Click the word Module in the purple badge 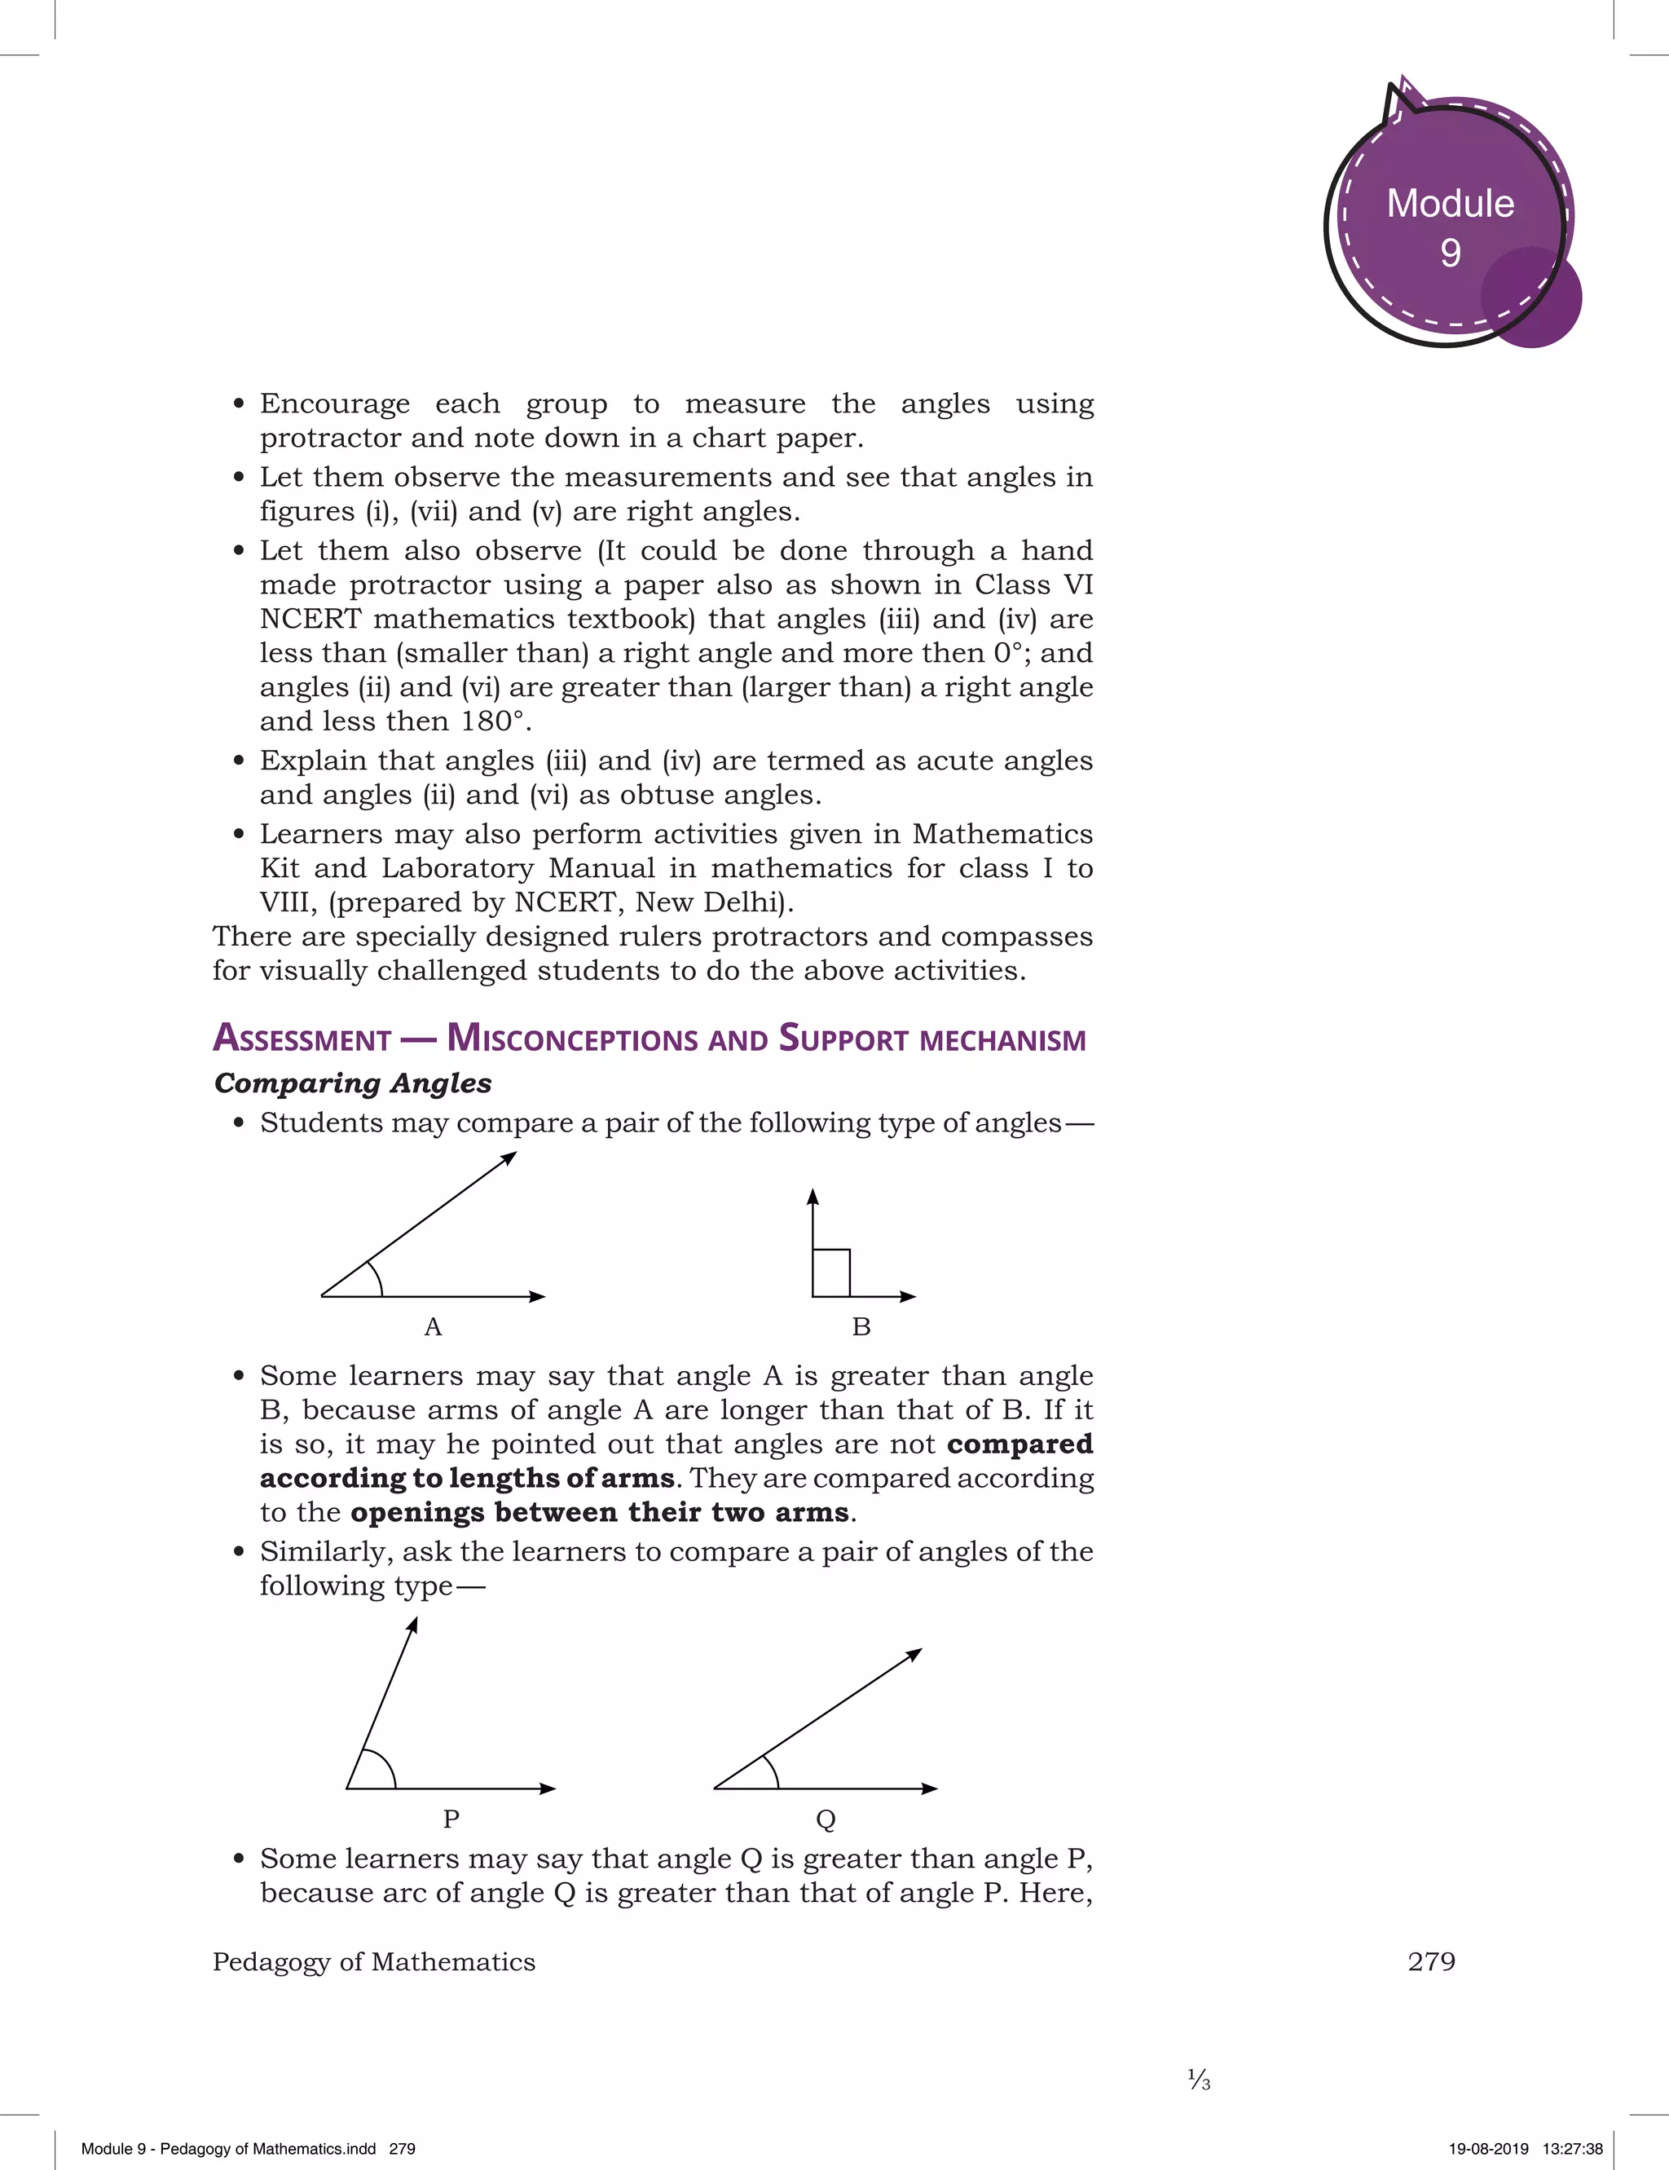[x=1450, y=204]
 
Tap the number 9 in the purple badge [x=1451, y=254]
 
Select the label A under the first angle [x=434, y=1327]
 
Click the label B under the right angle [x=861, y=1327]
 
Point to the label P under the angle [x=451, y=1819]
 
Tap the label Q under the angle [x=826, y=1819]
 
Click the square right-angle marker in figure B [x=831, y=1272]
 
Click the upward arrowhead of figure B [x=812, y=1197]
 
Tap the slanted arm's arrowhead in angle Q [x=914, y=1654]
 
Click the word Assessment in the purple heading [x=302, y=1039]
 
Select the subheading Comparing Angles [x=353, y=1083]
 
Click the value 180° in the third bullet [x=491, y=721]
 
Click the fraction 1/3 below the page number [x=1199, y=2079]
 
